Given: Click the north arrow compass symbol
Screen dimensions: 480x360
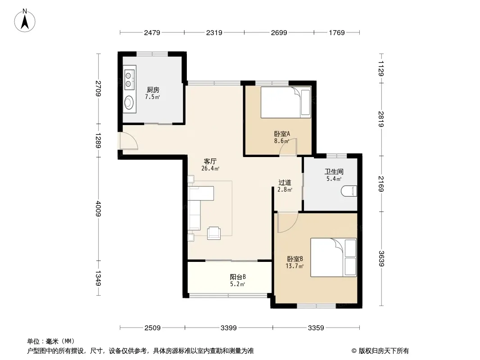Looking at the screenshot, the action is coord(25,20).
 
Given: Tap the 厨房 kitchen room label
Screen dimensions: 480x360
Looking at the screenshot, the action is coord(153,90).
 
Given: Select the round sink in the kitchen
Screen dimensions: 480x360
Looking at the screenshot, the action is coord(130,102).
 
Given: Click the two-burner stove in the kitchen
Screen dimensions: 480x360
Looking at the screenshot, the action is coord(130,79).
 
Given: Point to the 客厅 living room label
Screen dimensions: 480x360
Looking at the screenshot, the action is coord(210,161).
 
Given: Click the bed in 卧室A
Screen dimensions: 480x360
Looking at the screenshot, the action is coord(286,103).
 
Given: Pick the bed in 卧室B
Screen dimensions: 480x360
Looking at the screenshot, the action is coord(334,257).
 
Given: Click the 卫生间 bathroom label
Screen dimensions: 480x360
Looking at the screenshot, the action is coord(334,172).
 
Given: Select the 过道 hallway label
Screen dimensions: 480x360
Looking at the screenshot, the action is coord(285,183).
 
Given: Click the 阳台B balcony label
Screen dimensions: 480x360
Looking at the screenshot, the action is coord(238,277).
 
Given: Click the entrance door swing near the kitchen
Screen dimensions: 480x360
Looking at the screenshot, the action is coord(129,141).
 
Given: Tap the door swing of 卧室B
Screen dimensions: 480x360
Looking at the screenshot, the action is coord(288,222).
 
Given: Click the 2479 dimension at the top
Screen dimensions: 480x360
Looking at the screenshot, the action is coord(152,32).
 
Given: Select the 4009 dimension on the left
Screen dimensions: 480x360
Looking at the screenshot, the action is coord(98,209).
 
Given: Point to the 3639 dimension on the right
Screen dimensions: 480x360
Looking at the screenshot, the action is coord(381,258).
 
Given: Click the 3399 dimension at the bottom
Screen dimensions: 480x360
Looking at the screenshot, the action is coord(229,328).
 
